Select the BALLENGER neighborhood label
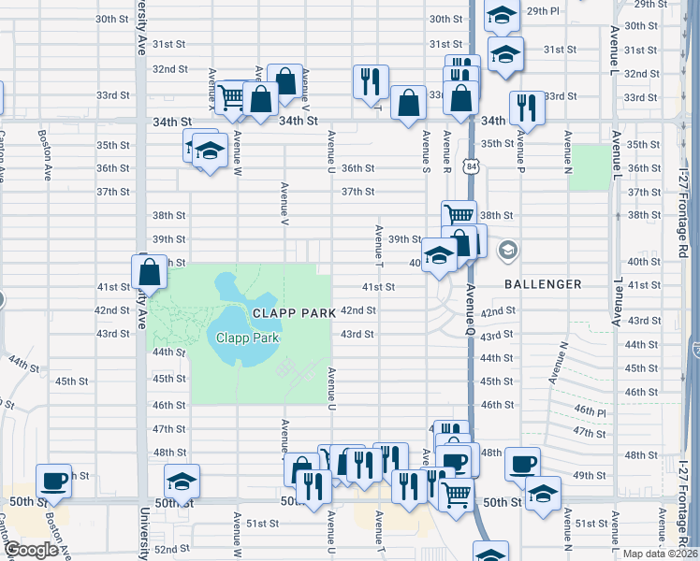[x=544, y=283]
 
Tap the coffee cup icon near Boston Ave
[x=53, y=481]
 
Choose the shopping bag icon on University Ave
[x=150, y=272]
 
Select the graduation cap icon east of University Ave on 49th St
[x=182, y=481]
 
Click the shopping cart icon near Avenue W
[x=231, y=95]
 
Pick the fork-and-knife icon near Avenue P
[x=527, y=108]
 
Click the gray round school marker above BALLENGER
[x=508, y=250]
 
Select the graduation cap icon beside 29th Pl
[x=502, y=17]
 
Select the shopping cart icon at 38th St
[x=459, y=215]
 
